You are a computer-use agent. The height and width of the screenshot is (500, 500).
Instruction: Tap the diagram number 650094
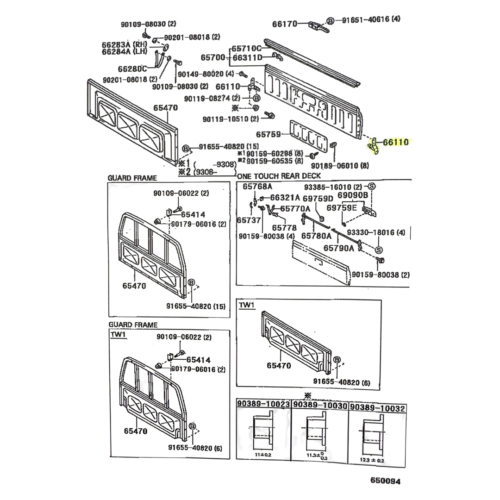pyautogui.click(x=385, y=481)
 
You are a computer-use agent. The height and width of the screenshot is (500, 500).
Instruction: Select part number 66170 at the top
pyautogui.click(x=284, y=23)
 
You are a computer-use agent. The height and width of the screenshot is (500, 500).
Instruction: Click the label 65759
pyautogui.click(x=269, y=134)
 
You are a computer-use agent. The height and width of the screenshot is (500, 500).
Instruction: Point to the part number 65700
pyautogui.click(x=213, y=57)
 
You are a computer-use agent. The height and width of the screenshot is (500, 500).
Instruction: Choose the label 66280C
pyautogui.click(x=132, y=69)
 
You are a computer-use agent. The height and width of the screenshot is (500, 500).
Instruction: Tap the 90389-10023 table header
pyautogui.click(x=263, y=404)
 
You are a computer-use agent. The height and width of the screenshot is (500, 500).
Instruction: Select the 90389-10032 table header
pyautogui.click(x=378, y=408)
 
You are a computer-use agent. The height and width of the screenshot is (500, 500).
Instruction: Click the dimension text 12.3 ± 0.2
pyautogui.click(x=371, y=460)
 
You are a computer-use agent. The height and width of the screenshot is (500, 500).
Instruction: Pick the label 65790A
pyautogui.click(x=338, y=248)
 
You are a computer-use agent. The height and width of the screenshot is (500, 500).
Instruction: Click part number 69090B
pyautogui.click(x=352, y=196)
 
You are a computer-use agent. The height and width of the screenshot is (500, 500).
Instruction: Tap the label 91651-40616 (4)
pyautogui.click(x=371, y=19)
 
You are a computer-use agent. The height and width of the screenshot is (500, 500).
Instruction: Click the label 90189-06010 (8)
pyautogui.click(x=340, y=166)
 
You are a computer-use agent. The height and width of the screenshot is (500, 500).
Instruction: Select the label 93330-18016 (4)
pyautogui.click(x=376, y=232)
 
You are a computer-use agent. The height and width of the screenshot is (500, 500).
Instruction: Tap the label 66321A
pyautogui.click(x=285, y=197)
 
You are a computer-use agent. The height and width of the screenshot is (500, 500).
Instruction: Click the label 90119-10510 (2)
pyautogui.click(x=230, y=119)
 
